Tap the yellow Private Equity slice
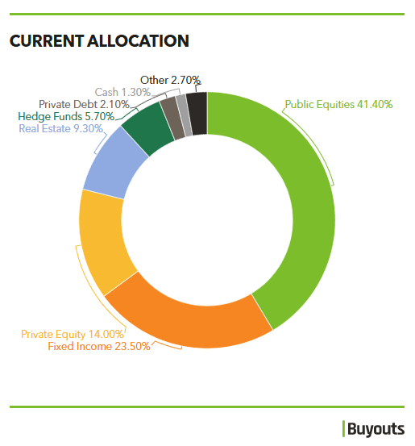[x=102, y=242]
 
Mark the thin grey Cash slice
[x=185, y=115]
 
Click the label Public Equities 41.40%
[x=338, y=105]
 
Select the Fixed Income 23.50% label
[x=99, y=347]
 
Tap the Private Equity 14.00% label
[x=73, y=334]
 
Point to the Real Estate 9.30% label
[x=60, y=128]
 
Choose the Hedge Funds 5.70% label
[x=66, y=117]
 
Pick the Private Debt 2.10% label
[x=84, y=104]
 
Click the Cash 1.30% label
[x=122, y=92]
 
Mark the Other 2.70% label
[x=171, y=80]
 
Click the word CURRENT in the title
[x=47, y=41]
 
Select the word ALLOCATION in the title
[x=138, y=41]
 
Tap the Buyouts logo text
[x=376, y=429]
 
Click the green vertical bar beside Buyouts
[x=343, y=428]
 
